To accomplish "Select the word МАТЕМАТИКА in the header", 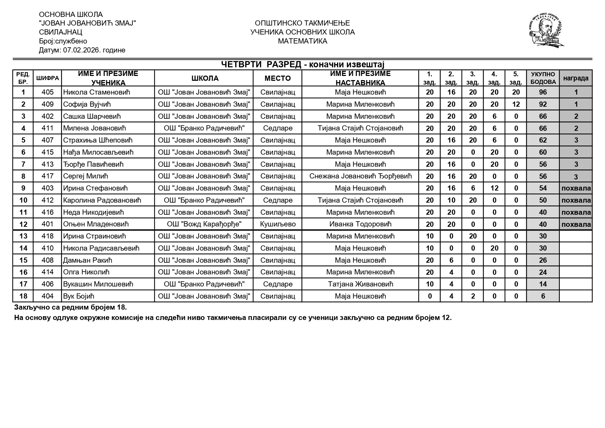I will pyautogui.click(x=302, y=41).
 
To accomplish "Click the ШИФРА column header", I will pyautogui.click(x=48, y=78).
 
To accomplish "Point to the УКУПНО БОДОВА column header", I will pyautogui.click(x=543, y=78).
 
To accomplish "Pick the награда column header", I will pyautogui.click(x=576, y=78).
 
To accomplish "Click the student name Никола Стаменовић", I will pyautogui.click(x=92, y=92).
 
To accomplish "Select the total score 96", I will pyautogui.click(x=543, y=93).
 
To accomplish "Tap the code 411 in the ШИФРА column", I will pyautogui.click(x=48, y=128).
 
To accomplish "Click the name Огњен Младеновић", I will pyautogui.click(x=96, y=224).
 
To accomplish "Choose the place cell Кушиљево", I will pyautogui.click(x=277, y=224).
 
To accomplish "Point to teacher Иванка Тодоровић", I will pyautogui.click(x=360, y=224).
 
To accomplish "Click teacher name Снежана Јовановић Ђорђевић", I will pyautogui.click(x=360, y=176).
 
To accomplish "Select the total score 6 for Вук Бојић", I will pyautogui.click(x=543, y=296).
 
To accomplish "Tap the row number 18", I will pyautogui.click(x=23, y=296).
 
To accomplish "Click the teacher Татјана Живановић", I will pyautogui.click(x=360, y=284).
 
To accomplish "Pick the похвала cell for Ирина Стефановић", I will pyautogui.click(x=576, y=188).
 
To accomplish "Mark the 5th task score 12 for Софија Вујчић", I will pyautogui.click(x=516, y=104).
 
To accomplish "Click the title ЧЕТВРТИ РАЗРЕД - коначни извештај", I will pyautogui.click(x=302, y=65).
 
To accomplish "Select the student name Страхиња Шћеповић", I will pyautogui.click(x=98, y=140).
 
